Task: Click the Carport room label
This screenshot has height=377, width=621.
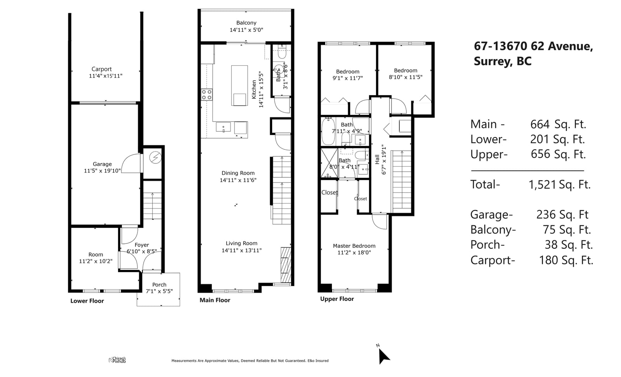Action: point(101,69)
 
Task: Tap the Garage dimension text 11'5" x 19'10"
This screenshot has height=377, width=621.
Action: point(102,170)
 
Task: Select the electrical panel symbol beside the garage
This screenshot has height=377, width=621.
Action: point(155,158)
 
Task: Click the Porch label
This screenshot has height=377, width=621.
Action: point(160,285)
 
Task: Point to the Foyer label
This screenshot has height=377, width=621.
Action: point(142,245)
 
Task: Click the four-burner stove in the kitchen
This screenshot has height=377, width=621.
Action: point(206,94)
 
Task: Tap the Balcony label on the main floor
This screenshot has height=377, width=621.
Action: point(246,23)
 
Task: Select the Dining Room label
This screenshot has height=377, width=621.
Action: point(238,173)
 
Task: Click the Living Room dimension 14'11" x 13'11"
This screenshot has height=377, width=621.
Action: point(241,250)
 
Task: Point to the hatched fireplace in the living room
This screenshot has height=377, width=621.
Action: point(286,265)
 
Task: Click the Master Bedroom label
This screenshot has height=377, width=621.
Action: point(354,246)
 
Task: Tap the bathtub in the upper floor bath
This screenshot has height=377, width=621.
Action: point(328,131)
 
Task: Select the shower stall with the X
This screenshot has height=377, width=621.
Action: point(330,163)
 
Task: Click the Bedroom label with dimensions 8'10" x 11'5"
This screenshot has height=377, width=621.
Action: point(406,70)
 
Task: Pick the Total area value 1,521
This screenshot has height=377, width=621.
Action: point(542,184)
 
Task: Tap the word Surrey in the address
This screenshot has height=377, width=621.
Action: point(493,61)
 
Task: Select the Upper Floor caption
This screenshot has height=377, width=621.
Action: point(337,299)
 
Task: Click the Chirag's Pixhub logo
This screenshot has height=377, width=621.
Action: point(117,360)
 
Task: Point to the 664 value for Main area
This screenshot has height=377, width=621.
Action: point(540,124)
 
